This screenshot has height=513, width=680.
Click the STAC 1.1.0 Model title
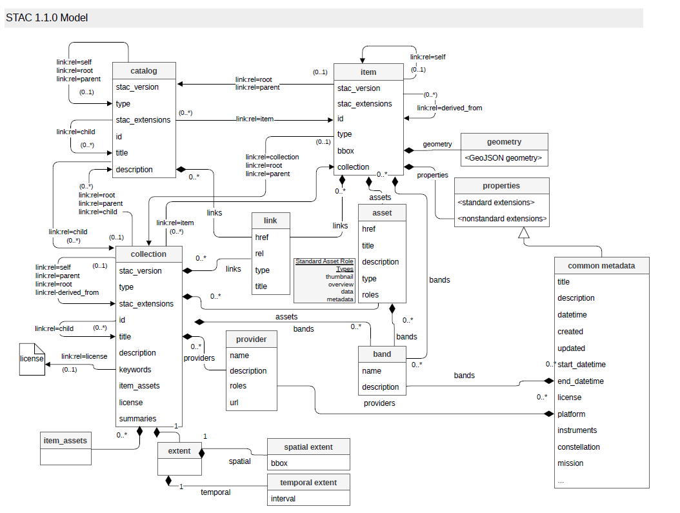(47, 18)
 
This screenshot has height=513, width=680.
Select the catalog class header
(144, 71)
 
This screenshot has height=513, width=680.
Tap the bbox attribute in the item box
(346, 151)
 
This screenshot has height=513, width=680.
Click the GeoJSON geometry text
(503, 158)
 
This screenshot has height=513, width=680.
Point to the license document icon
(32, 359)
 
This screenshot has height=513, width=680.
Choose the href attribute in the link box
(261, 237)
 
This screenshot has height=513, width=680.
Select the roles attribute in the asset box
(370, 295)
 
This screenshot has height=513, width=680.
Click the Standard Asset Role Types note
(325, 280)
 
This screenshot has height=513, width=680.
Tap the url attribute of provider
(234, 403)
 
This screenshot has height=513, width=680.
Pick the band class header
(382, 354)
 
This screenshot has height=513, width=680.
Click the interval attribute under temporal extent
(283, 499)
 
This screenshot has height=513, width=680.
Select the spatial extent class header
(308, 447)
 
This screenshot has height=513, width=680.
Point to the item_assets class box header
(66, 441)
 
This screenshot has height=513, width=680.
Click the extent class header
(179, 451)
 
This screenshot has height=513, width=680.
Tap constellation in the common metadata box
(579, 447)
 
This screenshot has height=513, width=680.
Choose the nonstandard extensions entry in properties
(502, 219)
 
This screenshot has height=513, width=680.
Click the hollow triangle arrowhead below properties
(524, 232)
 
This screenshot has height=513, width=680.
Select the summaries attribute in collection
(137, 418)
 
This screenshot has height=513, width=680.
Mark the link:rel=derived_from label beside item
(450, 108)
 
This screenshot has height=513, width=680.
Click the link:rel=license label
(84, 356)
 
